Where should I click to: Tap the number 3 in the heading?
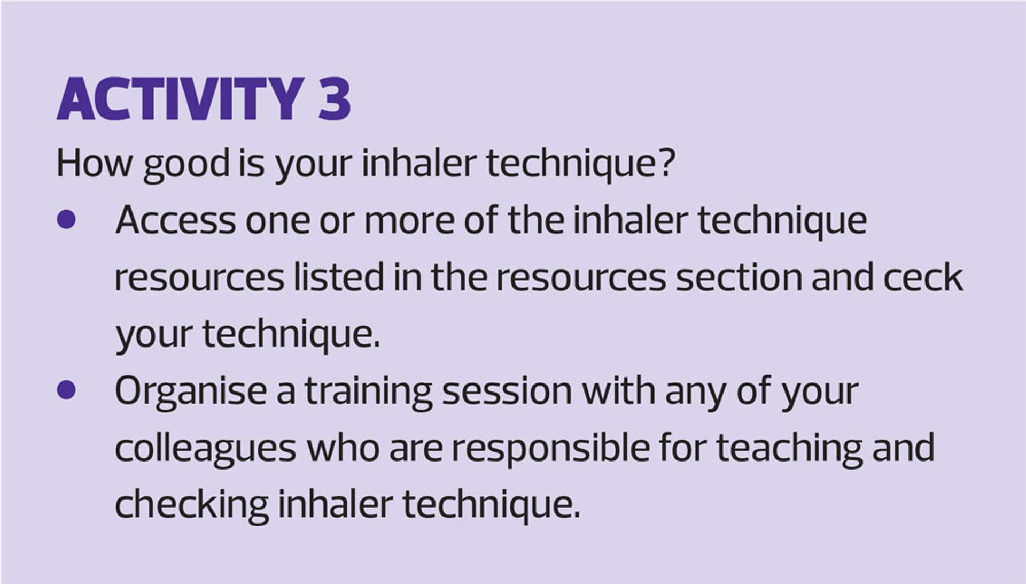335,99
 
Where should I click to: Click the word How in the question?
94,163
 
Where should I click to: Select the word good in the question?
186,165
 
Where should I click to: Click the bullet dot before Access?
66,220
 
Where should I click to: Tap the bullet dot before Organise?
66,390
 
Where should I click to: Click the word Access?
175,220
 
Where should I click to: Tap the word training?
369,393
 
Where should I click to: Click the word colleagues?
206,449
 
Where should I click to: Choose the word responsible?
551,449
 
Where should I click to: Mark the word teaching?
789,449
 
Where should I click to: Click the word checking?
192,505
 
